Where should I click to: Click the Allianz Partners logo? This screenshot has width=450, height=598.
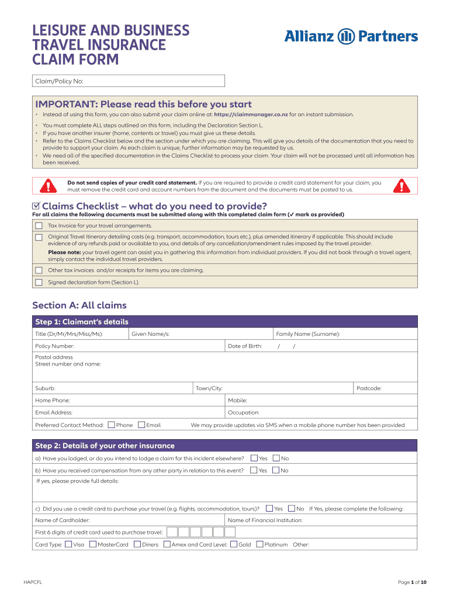[x=351, y=37]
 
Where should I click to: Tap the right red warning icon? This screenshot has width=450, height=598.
[x=401, y=186]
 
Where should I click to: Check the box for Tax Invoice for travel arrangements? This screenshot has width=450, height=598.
[x=39, y=225]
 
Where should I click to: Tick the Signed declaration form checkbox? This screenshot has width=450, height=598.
[x=39, y=282]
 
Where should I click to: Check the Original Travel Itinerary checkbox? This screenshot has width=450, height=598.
[x=39, y=237]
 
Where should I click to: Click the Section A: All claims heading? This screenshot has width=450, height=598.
[x=79, y=305]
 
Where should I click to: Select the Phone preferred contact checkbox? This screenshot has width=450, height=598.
[x=112, y=425]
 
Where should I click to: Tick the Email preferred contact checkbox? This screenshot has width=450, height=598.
[x=141, y=425]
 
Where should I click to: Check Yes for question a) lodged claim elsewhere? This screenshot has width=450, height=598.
[x=254, y=458]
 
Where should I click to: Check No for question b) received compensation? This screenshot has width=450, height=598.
[x=276, y=470]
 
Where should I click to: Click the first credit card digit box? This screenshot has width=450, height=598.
[x=172, y=532]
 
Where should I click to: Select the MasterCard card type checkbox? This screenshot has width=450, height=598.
[x=93, y=544]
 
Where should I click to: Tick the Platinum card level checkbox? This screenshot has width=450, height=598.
[x=260, y=544]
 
